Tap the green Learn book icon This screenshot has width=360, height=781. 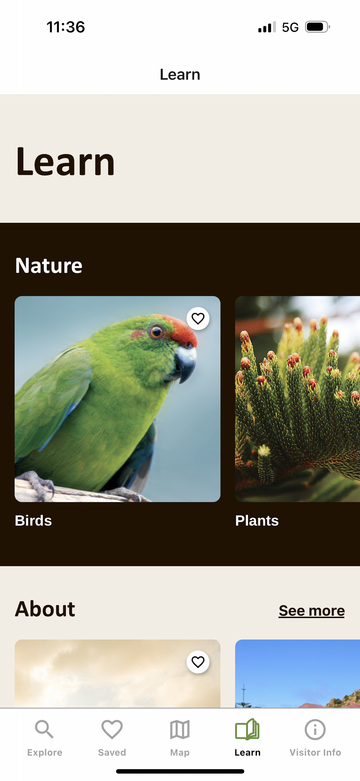click(247, 729)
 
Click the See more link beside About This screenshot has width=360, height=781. click(311, 610)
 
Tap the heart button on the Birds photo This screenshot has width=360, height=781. click(198, 319)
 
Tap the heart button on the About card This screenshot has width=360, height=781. click(198, 662)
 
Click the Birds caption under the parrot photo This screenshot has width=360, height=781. click(33, 521)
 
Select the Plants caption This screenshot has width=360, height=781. click(257, 521)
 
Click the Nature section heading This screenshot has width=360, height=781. click(49, 265)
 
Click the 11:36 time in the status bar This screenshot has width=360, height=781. click(66, 27)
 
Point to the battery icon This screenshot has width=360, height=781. click(317, 27)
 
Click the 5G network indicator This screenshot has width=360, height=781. click(290, 27)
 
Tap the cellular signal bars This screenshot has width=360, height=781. click(267, 27)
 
